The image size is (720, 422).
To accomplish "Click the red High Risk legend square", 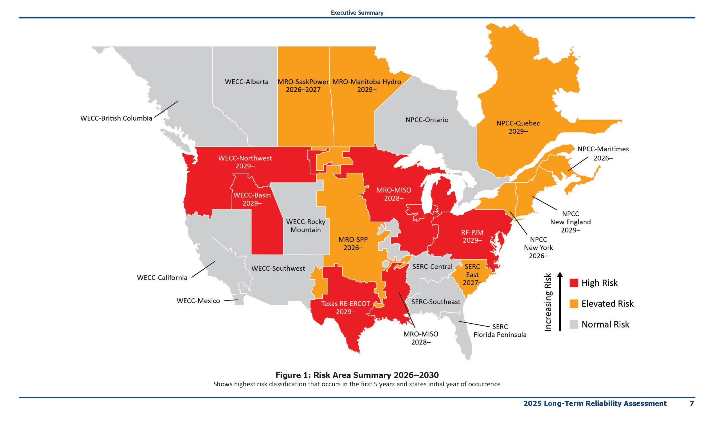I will tap(574, 283).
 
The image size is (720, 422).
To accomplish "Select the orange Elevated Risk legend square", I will tap(574, 304).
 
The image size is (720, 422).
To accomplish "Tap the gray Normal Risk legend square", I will tap(574, 324).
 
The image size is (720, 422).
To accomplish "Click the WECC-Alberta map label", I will tap(247, 82).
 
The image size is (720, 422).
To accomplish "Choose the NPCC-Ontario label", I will tap(427, 120).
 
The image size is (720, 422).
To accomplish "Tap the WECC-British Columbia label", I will tap(116, 118).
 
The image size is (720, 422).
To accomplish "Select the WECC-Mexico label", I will tap(198, 301).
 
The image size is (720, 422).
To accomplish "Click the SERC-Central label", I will tap(432, 267).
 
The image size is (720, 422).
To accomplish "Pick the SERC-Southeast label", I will tap(436, 302).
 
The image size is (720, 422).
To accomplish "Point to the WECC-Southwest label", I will tap(278, 268).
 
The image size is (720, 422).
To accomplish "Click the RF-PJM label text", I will tap(472, 233).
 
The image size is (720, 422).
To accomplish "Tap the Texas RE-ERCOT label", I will tap(345, 304).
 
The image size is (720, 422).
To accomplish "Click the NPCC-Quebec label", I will tap(518, 123).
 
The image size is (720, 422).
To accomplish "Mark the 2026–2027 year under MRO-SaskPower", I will tap(303, 90).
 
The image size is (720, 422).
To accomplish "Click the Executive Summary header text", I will tap(357, 13).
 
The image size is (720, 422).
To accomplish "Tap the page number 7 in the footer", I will tap(692, 403).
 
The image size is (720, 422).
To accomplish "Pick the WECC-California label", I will tap(162, 277).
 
